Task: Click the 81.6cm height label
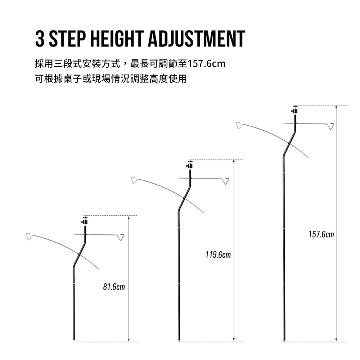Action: (x=114, y=287)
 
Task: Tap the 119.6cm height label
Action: (x=218, y=255)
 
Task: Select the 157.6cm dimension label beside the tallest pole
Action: (x=321, y=234)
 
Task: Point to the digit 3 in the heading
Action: (x=40, y=39)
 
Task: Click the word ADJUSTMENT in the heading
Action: (x=197, y=39)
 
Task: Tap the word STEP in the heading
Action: (x=68, y=39)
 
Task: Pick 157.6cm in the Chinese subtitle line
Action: (x=206, y=64)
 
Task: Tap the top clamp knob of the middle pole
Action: (x=190, y=165)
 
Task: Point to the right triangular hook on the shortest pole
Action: (x=121, y=237)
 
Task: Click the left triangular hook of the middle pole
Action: (x=135, y=180)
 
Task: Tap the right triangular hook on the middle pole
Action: (x=226, y=181)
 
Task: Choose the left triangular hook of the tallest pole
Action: (x=239, y=125)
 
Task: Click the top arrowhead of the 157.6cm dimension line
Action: (x=336, y=107)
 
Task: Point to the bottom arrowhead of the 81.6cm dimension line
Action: (x=129, y=340)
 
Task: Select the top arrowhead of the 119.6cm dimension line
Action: (x=234, y=161)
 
